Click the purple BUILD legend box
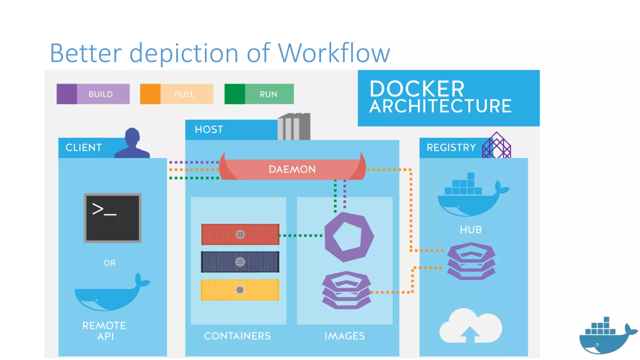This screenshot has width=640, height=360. click(93, 94)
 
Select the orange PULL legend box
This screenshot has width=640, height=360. click(177, 94)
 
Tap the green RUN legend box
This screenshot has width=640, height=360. click(259, 94)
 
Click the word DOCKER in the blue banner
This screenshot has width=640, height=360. click(417, 89)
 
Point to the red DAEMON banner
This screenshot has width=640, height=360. click(292, 169)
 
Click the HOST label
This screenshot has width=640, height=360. click(209, 129)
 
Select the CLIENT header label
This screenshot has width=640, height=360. click(83, 147)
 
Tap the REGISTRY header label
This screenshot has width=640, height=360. click(451, 147)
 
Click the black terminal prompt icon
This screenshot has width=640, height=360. click(112, 218)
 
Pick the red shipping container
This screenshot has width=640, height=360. click(240, 234)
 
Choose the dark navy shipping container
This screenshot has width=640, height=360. click(240, 262)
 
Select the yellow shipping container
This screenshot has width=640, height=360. click(240, 290)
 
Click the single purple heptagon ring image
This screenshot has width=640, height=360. click(349, 237)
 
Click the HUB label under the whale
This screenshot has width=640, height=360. click(471, 230)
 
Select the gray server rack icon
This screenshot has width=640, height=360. click(294, 127)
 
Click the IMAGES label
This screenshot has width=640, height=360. click(344, 336)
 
